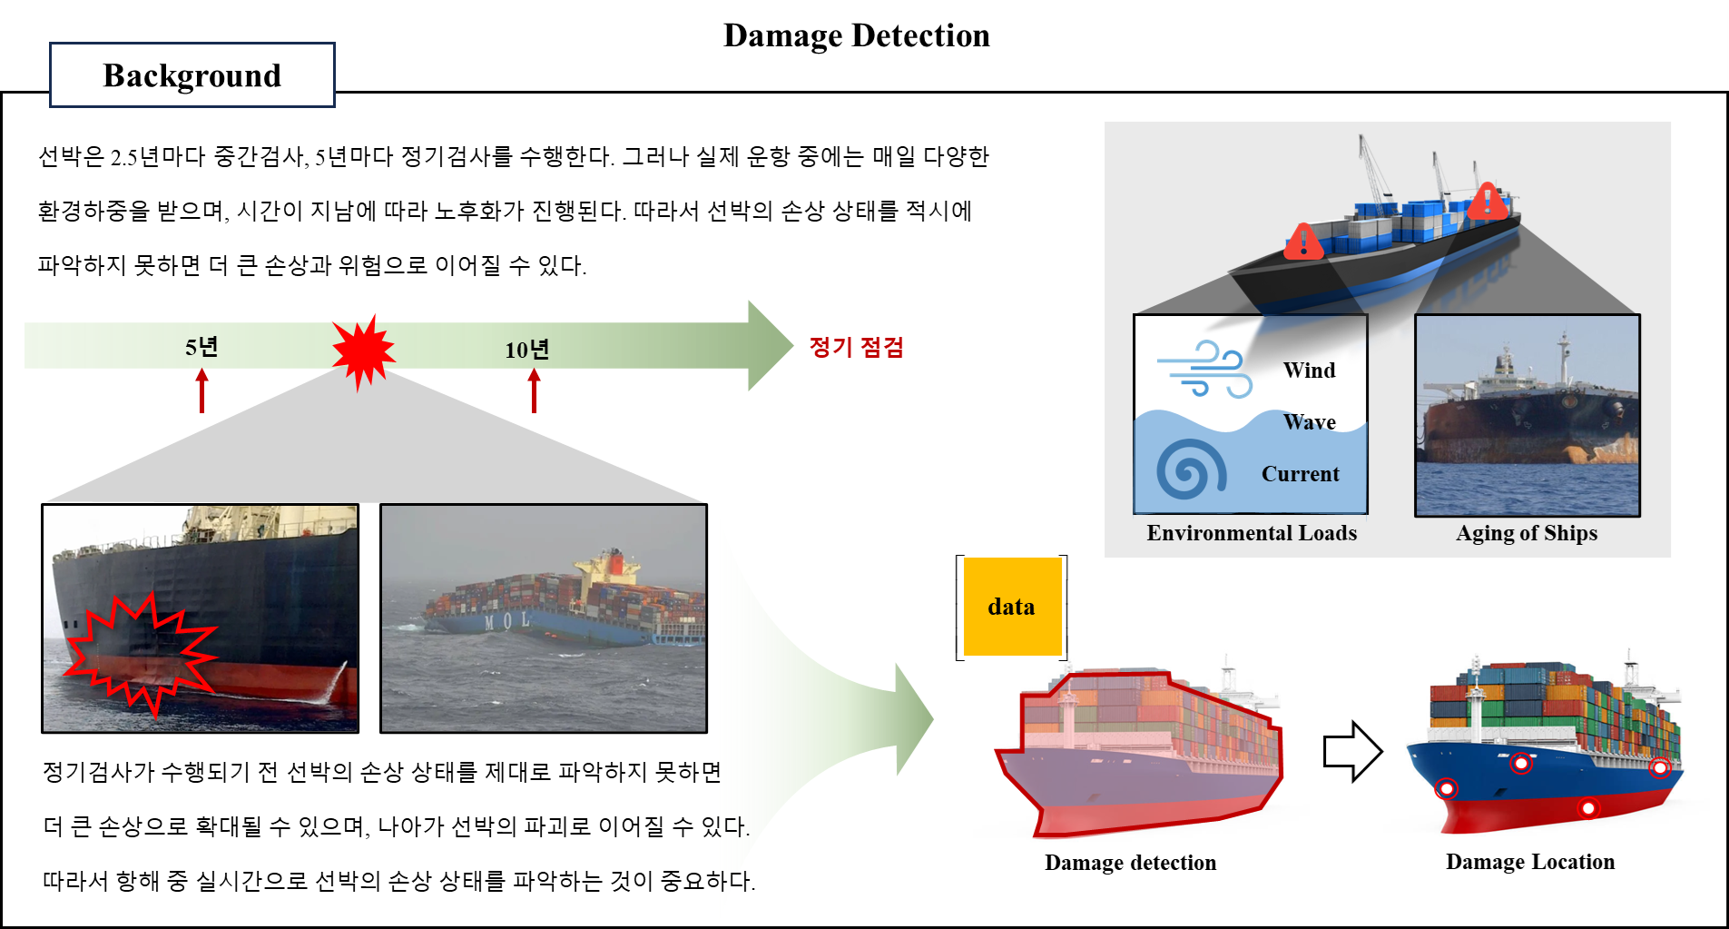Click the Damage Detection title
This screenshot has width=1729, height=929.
pos(856,35)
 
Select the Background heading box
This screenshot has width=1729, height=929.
pos(192,75)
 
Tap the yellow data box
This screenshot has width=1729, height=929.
pos(1012,606)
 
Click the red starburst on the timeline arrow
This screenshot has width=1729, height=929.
pos(363,352)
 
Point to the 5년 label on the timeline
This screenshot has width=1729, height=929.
pos(201,347)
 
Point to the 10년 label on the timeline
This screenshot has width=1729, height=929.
pos(526,350)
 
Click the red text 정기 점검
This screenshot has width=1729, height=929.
pos(856,347)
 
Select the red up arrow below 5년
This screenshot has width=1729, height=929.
pos(201,391)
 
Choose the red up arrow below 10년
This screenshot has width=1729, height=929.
pos(534,391)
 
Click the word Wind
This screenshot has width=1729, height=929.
pos(1309,371)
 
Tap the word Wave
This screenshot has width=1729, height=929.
pos(1309,422)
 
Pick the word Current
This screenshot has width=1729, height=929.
pos(1300,474)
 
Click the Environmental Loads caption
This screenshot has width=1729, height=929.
pos(1252,533)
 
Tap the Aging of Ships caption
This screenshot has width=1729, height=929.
pos(1527,533)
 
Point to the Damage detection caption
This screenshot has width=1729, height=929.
pos(1130,863)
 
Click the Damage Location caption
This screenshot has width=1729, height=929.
pos(1530,862)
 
